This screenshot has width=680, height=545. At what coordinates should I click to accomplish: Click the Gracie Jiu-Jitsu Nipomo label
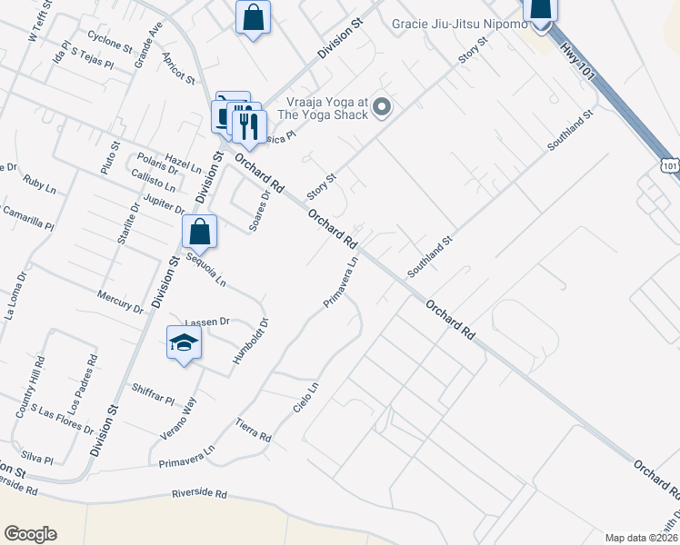459,24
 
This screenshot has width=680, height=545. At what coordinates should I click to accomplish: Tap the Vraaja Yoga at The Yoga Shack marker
383,109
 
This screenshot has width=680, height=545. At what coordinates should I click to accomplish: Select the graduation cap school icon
184,343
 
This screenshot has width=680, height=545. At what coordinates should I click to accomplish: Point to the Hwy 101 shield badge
670,165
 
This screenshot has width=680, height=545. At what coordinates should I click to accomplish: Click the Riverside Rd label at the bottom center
198,493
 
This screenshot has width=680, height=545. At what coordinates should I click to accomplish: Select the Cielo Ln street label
306,397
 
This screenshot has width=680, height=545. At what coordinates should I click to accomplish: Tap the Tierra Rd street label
254,431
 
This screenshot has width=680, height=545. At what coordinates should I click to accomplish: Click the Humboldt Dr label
239,341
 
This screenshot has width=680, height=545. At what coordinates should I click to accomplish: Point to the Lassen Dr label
206,322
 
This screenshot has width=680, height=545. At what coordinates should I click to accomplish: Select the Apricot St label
179,67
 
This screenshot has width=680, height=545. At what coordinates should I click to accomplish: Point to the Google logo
31,533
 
